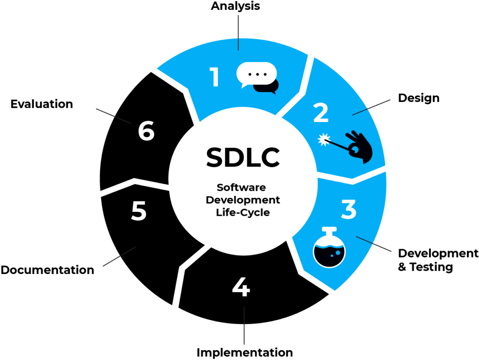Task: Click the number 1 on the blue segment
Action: pyautogui.click(x=215, y=77)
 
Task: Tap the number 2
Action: pyautogui.click(x=321, y=113)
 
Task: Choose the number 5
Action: pyautogui.click(x=138, y=211)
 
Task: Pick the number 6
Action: pyautogui.click(x=146, y=131)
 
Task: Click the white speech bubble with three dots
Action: pyautogui.click(x=256, y=74)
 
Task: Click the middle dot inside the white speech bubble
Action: pyautogui.click(x=256, y=74)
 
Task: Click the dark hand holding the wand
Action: pyautogui.click(x=360, y=147)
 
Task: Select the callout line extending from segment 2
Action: pyautogui.click(x=372, y=107)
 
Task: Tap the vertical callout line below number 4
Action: pyautogui.click(x=244, y=326)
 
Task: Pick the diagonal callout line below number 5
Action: pyautogui.click(x=119, y=257)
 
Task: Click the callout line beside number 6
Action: pyautogui.click(x=113, y=116)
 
